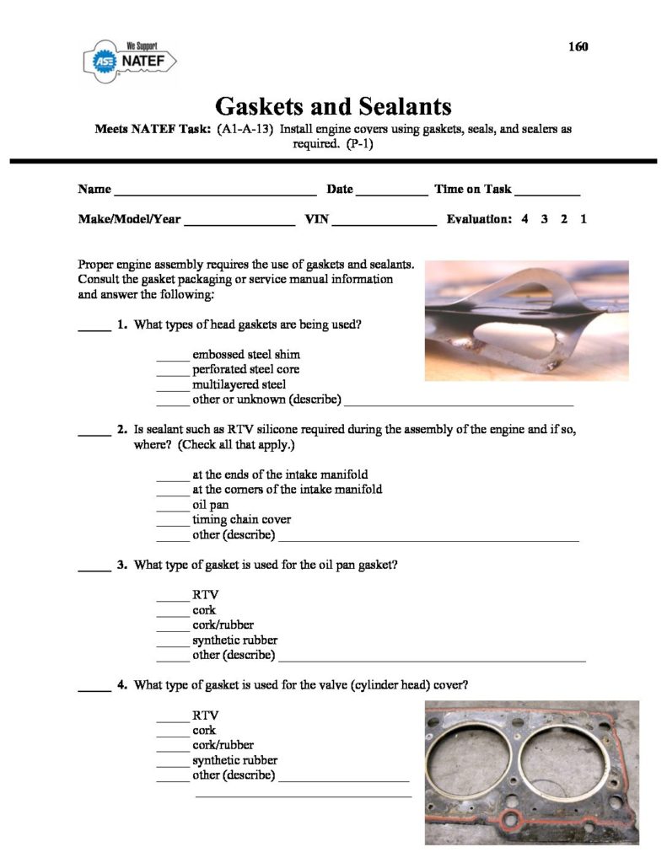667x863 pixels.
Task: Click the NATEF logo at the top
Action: (x=130, y=61)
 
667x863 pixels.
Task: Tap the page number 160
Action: (x=578, y=46)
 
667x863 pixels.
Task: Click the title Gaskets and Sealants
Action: (x=333, y=106)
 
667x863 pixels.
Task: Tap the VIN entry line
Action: (x=385, y=223)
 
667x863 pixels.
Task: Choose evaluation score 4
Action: (x=524, y=219)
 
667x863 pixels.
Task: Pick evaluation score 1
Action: (x=584, y=219)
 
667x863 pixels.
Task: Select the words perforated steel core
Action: (x=245, y=369)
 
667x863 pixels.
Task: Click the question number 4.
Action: (x=122, y=685)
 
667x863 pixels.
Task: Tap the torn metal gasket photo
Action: (x=527, y=320)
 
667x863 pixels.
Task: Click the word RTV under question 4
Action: (x=206, y=716)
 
